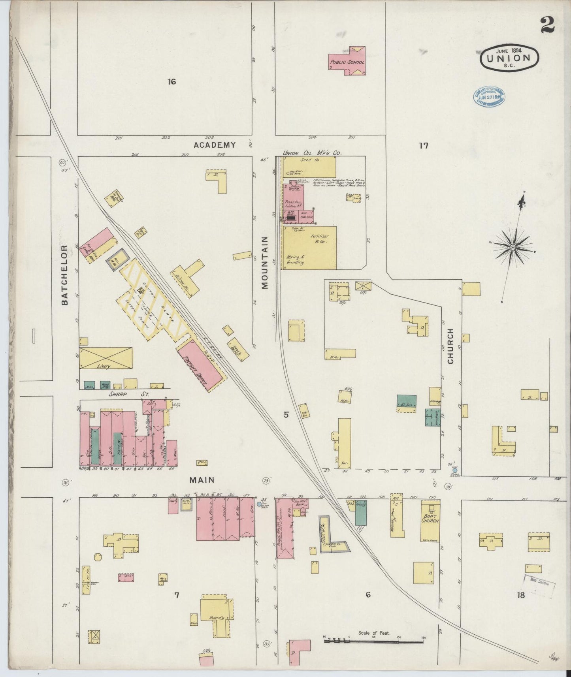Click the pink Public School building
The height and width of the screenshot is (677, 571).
[x=347, y=62]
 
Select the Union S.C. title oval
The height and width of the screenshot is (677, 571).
[x=509, y=58]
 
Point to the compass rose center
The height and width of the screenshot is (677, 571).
[x=513, y=247]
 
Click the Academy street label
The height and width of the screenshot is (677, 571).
[x=215, y=145]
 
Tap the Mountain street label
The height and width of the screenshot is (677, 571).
[x=264, y=263]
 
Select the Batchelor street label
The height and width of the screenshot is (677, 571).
[x=65, y=275]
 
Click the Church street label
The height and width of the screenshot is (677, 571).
[x=450, y=346]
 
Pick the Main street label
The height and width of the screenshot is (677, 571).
[x=202, y=480]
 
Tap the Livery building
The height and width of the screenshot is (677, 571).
[x=106, y=358]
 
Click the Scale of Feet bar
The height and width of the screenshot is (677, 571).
[x=373, y=641]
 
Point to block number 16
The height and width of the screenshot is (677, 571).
[x=171, y=82]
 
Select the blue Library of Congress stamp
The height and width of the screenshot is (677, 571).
[x=489, y=96]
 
